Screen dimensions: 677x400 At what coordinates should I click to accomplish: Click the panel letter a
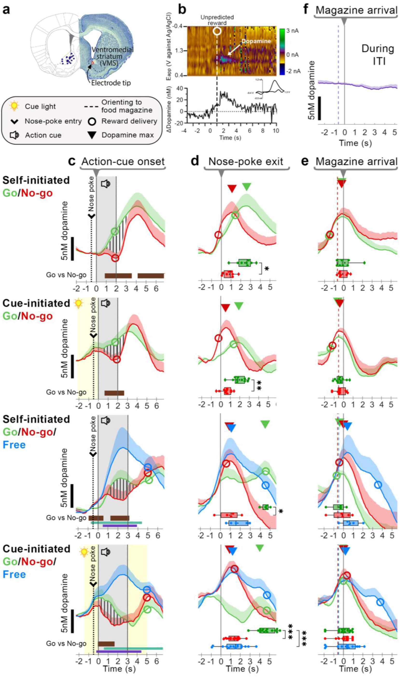click(7, 12)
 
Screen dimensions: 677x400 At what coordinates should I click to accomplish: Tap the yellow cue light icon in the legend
click(14, 107)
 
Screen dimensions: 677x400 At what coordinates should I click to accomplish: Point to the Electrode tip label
click(111, 83)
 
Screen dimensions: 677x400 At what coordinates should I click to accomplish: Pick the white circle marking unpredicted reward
click(217, 31)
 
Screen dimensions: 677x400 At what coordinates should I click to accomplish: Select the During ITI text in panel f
click(378, 55)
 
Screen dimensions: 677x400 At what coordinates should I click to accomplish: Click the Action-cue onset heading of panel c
click(123, 162)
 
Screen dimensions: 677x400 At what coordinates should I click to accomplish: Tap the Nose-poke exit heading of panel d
click(246, 162)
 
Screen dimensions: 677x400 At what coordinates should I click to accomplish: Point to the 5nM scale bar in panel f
click(319, 108)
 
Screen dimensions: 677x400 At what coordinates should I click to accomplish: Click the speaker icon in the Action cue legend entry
click(14, 135)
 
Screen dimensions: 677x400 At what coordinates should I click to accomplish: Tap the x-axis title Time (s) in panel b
click(230, 138)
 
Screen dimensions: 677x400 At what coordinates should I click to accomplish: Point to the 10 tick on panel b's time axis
click(275, 131)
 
